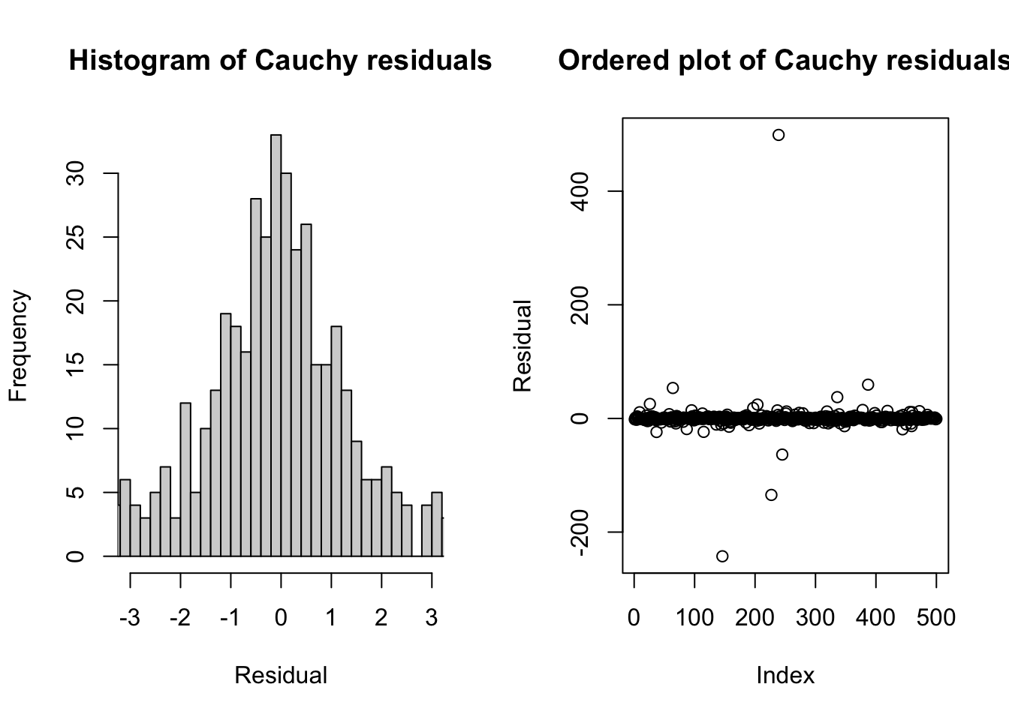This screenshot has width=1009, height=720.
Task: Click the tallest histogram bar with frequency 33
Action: point(276,345)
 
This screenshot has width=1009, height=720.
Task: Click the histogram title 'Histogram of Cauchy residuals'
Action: point(280,60)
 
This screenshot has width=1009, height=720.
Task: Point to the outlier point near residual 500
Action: point(779,135)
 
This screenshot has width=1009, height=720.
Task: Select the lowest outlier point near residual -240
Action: point(722,556)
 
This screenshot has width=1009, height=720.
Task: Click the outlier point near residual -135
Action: point(771,495)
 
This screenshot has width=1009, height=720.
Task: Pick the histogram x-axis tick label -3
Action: point(130,618)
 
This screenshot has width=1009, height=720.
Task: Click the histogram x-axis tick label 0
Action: point(281,618)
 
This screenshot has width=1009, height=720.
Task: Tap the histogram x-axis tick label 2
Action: point(381,618)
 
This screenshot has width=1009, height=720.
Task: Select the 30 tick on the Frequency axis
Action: point(75,174)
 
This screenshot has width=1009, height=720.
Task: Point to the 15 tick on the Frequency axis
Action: point(75,365)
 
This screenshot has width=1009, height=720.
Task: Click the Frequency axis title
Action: point(18,346)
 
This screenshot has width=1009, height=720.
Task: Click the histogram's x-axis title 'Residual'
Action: point(281,676)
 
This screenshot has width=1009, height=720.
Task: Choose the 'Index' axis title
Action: point(785,676)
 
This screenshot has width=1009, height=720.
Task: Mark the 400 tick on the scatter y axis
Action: point(578,191)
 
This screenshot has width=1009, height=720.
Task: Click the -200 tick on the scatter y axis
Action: point(578,532)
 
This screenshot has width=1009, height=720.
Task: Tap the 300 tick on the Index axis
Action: point(815,618)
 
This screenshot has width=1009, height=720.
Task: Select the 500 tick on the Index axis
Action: point(936,618)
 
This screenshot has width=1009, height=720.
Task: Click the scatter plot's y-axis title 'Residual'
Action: point(523,346)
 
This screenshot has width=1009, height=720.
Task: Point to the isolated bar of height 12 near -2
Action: point(185,480)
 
